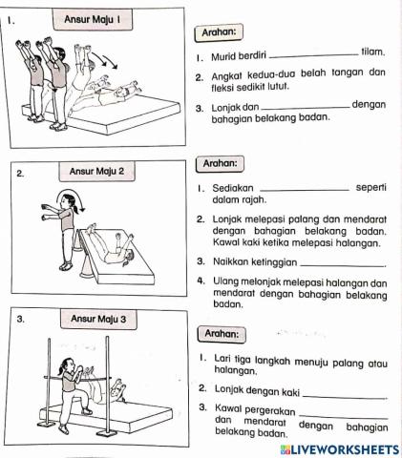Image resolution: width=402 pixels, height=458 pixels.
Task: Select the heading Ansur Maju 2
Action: pyautogui.click(x=102, y=172)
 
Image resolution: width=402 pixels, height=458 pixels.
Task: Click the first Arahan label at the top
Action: pyautogui.click(x=218, y=32)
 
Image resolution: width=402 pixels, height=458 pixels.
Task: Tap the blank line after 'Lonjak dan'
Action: pyautogui.click(x=305, y=109)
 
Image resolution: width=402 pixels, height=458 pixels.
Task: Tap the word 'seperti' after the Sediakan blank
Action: pyautogui.click(x=370, y=186)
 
